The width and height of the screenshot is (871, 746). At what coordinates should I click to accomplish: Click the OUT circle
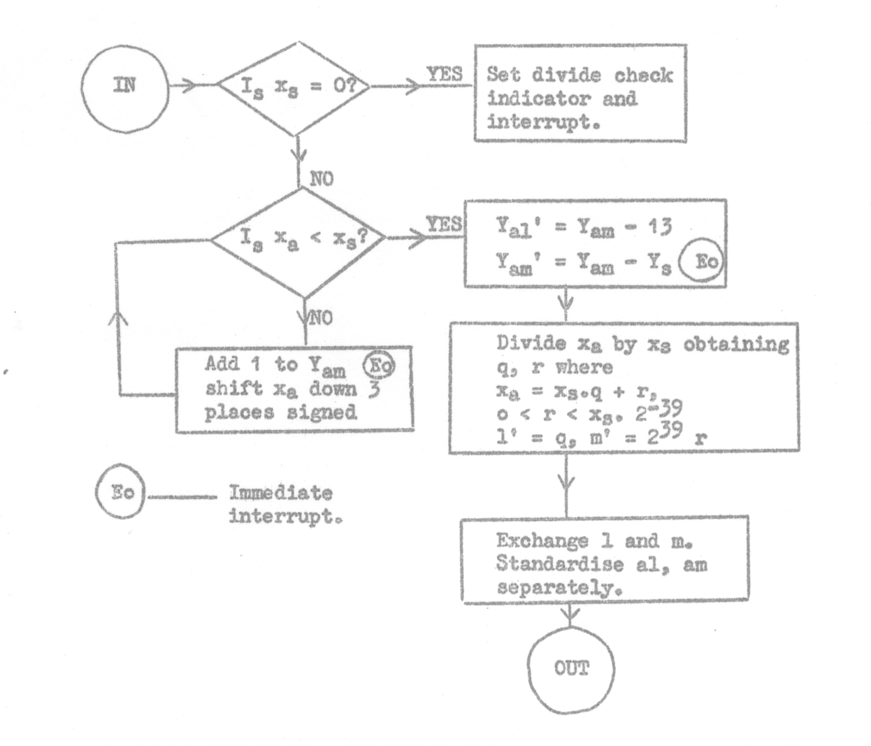572,669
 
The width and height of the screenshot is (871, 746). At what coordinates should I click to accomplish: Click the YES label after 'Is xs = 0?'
445,75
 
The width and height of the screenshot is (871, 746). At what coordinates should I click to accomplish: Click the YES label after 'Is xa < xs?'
445,224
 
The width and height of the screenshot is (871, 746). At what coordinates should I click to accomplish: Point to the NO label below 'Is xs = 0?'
322,178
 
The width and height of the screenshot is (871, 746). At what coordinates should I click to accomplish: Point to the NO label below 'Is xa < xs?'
322,318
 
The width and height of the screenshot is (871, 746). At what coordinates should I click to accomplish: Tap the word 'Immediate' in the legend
280,493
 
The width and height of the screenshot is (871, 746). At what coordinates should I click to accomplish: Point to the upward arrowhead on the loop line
120,318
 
